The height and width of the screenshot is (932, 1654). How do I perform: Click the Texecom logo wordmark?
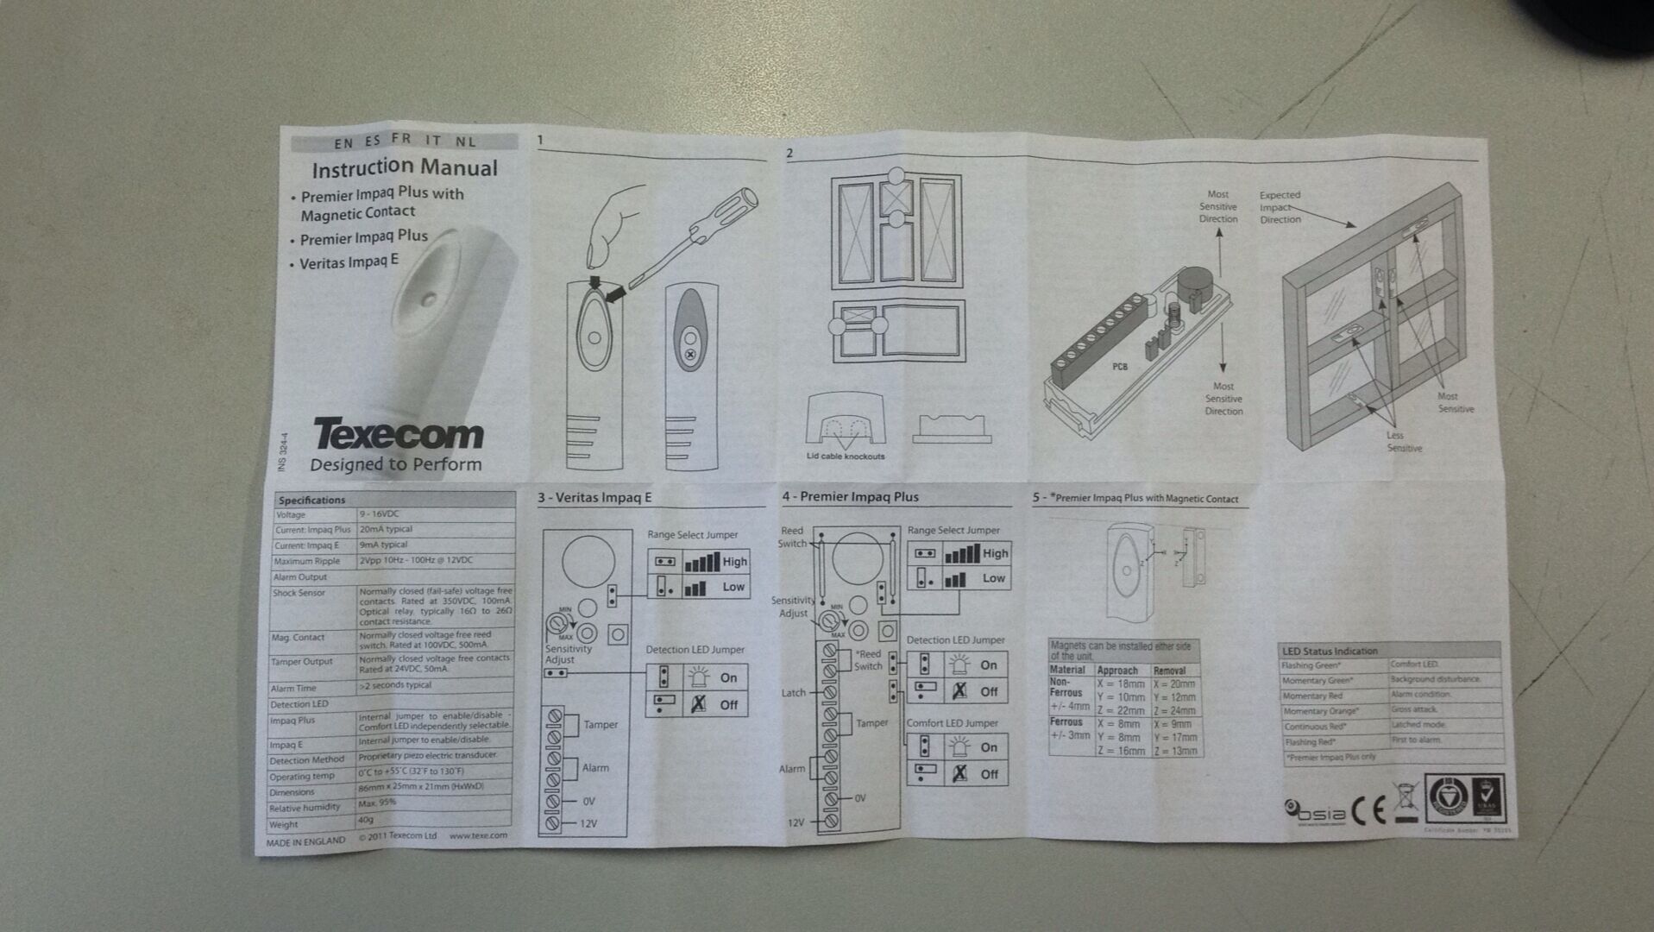point(398,434)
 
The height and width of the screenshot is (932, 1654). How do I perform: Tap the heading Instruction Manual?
point(405,167)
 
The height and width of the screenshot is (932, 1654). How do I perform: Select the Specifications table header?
point(311,500)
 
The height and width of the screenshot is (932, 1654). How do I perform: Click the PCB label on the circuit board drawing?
point(1119,367)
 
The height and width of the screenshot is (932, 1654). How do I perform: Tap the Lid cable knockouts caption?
point(845,457)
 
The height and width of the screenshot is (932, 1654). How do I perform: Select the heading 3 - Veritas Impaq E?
point(594,497)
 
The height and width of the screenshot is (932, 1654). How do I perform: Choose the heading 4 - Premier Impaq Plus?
point(850,496)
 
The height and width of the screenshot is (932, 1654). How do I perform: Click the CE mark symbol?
point(1368,810)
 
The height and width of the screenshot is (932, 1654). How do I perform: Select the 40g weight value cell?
point(366,820)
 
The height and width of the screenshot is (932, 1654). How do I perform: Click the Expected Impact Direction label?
point(1280,207)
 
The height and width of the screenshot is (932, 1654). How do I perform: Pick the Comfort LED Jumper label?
point(952,723)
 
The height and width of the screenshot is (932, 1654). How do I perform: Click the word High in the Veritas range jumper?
point(735,562)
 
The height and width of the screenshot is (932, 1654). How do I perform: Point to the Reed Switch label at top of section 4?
point(791,537)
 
